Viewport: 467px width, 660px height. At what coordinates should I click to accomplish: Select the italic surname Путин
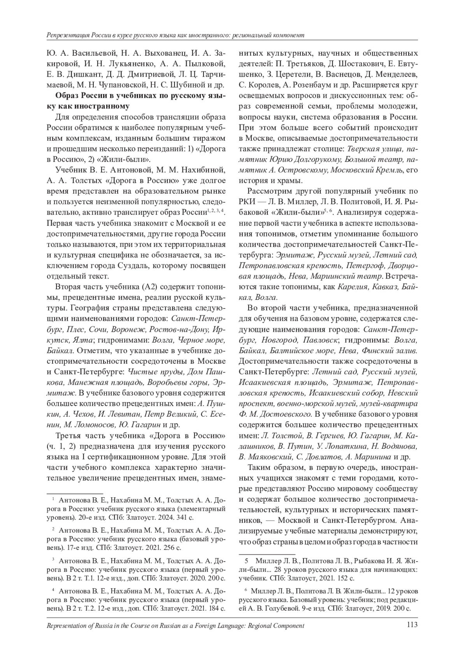tap(296, 446)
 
